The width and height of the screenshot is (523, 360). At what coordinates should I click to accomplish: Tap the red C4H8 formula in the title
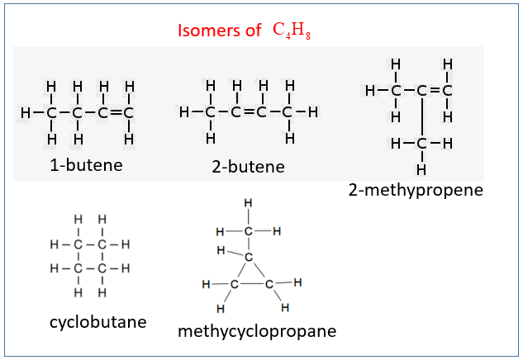(x=292, y=31)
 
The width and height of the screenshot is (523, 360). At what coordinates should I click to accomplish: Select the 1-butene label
(x=86, y=165)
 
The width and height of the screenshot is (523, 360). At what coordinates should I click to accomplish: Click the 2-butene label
(x=248, y=166)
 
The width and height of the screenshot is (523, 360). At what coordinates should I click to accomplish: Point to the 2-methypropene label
(x=416, y=191)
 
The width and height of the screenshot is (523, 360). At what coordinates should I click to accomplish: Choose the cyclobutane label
(x=98, y=322)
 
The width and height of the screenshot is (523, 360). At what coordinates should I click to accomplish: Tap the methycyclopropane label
(x=257, y=331)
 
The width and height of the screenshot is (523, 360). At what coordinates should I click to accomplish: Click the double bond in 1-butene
(x=116, y=112)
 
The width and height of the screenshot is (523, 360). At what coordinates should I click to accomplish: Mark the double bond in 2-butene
(x=248, y=112)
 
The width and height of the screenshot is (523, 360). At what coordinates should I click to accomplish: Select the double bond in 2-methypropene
(x=435, y=90)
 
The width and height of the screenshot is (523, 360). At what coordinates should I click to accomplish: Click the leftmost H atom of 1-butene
(x=26, y=112)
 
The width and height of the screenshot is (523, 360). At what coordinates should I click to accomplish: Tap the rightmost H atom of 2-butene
(x=313, y=112)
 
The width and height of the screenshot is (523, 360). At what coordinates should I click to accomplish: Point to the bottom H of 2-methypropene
(x=421, y=170)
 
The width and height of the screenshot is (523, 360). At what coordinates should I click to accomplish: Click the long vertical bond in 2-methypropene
(x=422, y=117)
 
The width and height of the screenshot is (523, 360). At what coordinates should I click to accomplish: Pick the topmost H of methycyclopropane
(x=248, y=202)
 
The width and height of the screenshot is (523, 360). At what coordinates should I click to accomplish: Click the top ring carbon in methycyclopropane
(x=249, y=257)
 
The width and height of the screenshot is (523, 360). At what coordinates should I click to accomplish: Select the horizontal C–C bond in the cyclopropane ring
(x=252, y=284)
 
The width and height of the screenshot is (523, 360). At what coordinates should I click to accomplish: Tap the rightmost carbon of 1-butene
(x=128, y=112)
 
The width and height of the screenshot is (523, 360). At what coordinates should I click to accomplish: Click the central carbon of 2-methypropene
(x=422, y=90)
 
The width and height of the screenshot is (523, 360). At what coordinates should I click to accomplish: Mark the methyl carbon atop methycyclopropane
(x=248, y=231)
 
